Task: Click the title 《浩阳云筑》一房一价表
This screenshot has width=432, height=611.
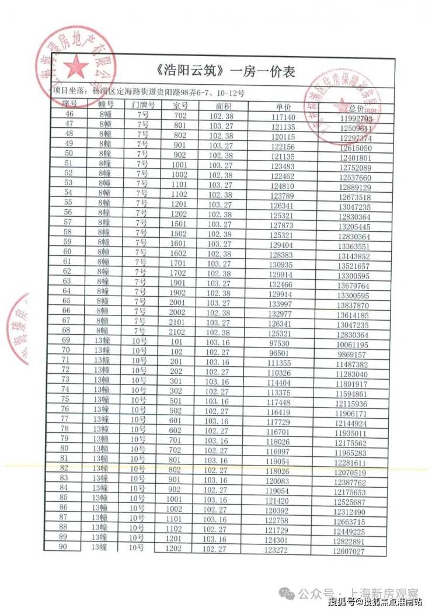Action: pyautogui.click(x=227, y=72)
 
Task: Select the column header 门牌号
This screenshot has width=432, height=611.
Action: pyautogui.click(x=142, y=105)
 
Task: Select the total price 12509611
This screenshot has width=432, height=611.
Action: pyautogui.click(x=353, y=129)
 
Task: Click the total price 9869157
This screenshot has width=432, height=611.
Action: pyautogui.click(x=351, y=355)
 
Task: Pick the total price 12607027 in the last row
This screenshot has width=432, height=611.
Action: pyautogui.click(x=351, y=551)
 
